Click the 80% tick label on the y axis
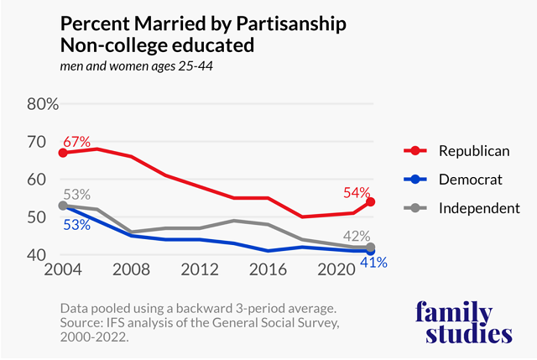click(x=41, y=105)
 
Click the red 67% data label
click(x=75, y=142)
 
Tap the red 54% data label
click(x=357, y=192)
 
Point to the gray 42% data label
click(x=357, y=236)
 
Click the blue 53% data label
click(x=75, y=224)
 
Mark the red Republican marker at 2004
click(x=63, y=154)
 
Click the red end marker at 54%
click(x=370, y=202)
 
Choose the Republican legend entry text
click(x=473, y=151)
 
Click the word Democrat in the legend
click(x=470, y=180)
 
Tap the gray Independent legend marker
click(x=412, y=208)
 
